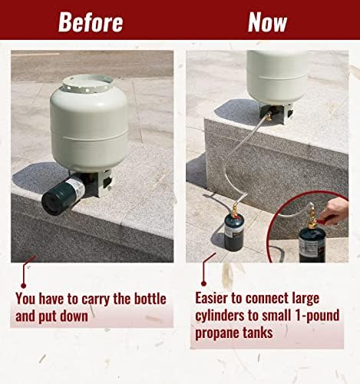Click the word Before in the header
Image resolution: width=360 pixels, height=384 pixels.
(91, 22)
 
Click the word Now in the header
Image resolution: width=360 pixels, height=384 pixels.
(267, 22)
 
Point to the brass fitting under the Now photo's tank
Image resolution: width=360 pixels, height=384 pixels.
(269, 118)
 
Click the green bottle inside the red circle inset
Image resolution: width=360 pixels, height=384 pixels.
(312, 244)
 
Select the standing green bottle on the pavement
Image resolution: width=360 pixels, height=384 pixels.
(234, 233)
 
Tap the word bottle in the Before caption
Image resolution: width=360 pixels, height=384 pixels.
(150, 298)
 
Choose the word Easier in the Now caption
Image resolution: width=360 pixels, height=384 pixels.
(212, 298)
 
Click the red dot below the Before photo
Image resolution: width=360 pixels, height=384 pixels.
(24, 285)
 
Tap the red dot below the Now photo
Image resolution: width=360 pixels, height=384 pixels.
(203, 283)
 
